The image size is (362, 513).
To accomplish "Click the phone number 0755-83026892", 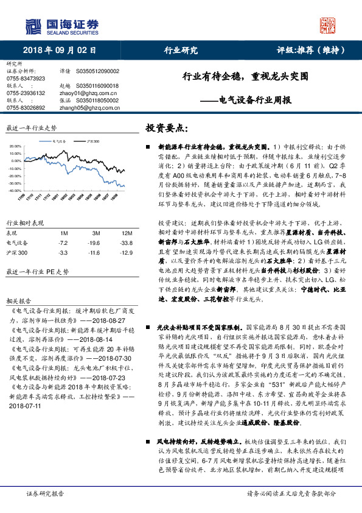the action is pos(26,107).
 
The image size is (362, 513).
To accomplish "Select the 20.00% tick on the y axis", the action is pos(15,147).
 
